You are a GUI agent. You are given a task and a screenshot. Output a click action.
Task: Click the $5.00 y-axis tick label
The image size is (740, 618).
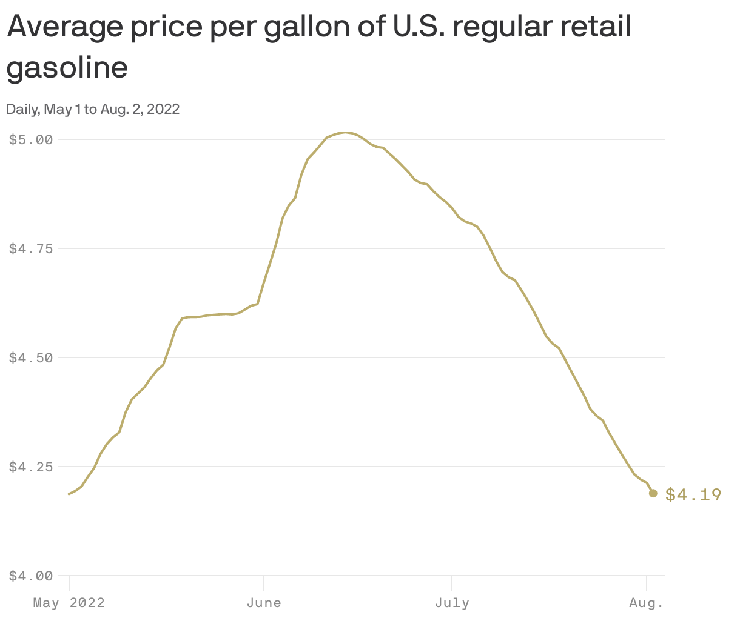pos(31,139)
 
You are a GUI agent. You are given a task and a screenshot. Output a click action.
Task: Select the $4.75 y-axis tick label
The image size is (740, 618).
pos(31,248)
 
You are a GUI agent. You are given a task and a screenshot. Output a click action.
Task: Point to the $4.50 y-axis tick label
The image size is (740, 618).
pos(31,357)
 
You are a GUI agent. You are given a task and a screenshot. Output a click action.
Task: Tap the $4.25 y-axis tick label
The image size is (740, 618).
pos(31,467)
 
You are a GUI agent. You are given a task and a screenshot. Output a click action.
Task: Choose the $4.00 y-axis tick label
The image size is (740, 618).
pos(31,576)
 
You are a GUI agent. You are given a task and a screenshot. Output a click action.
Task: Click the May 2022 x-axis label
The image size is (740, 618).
pos(69,603)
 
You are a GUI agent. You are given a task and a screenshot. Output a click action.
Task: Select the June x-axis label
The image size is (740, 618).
pos(264,603)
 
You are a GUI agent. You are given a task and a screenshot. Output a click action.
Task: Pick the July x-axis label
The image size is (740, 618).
pos(452,603)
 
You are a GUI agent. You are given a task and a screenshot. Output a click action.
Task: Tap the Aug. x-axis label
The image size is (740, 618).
pos(647,603)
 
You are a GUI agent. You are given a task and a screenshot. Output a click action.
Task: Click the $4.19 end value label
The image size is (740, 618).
pos(693,495)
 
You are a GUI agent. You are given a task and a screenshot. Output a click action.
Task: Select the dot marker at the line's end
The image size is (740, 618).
pos(653,493)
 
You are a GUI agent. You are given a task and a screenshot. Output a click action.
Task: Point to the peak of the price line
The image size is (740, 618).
pos(345,132)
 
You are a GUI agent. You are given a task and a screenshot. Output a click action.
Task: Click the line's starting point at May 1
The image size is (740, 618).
pos(69,494)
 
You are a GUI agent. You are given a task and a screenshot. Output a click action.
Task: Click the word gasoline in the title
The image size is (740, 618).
pos(67,68)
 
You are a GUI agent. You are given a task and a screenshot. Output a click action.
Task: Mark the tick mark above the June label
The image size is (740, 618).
pos(264,582)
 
